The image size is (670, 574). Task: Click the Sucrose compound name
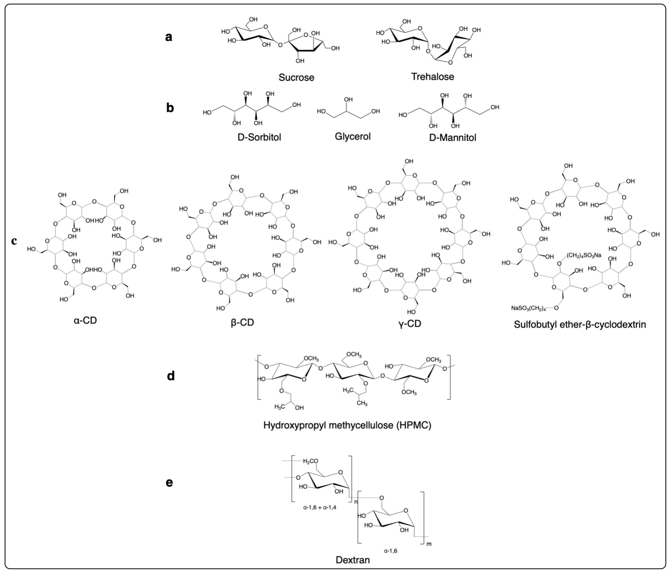click(296, 78)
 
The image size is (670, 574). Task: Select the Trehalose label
click(432, 77)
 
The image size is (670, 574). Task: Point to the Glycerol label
click(352, 136)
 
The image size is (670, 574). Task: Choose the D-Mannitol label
click(452, 138)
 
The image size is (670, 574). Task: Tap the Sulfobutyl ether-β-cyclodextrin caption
click(580, 324)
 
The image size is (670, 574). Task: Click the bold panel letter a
click(168, 37)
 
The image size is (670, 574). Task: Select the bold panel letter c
click(14, 241)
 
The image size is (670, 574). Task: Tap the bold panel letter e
click(169, 483)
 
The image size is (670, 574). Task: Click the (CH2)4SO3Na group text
click(584, 255)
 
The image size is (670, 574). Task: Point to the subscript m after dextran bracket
click(429, 544)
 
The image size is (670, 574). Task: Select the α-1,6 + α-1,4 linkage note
click(319, 507)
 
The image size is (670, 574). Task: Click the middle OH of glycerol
click(348, 100)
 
